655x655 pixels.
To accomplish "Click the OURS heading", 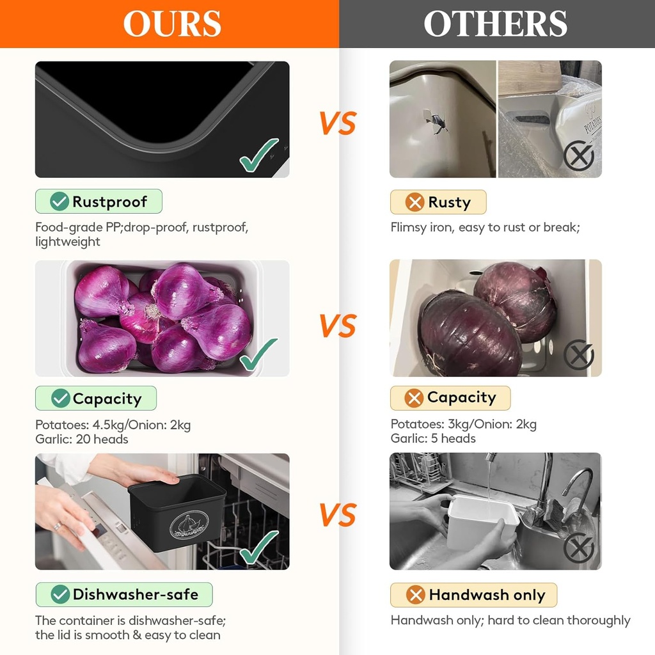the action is [x=172, y=24].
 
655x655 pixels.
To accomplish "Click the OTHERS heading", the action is [x=496, y=24].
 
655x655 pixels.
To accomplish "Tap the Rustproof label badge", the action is [x=99, y=201].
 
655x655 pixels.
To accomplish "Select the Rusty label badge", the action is [x=438, y=202].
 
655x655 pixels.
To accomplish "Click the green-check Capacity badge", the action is [x=96, y=398].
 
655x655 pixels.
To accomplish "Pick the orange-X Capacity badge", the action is [x=450, y=398].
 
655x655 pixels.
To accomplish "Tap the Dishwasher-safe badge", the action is [x=124, y=594].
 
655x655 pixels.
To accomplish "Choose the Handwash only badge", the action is [x=474, y=595].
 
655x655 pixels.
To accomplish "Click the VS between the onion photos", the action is [x=338, y=326].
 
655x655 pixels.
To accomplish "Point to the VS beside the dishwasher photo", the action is [x=338, y=515].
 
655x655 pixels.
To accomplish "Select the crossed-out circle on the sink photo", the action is [x=579, y=548].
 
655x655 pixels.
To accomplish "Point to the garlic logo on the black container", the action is [x=189, y=525].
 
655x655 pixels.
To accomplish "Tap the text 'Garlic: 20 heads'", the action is [x=82, y=439].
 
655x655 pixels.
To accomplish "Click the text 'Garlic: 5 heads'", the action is [x=433, y=439].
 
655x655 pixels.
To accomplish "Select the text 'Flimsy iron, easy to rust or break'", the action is [x=485, y=228].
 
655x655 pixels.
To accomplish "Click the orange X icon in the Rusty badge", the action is [x=414, y=203].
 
